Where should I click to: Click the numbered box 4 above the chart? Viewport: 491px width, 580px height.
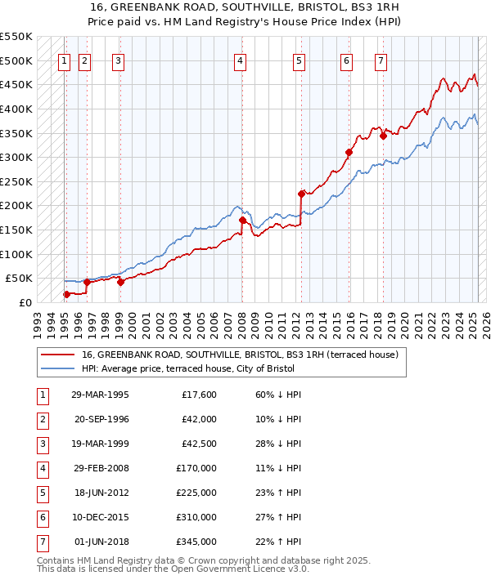tap(240, 60)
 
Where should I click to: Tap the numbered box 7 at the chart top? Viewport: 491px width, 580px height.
tap(381, 60)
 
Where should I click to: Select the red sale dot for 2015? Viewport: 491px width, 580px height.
tap(349, 152)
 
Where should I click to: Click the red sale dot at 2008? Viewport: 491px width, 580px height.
tap(242, 220)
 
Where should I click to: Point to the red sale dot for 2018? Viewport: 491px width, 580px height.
tap(382, 136)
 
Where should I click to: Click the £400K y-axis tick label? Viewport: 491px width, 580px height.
tap(16, 109)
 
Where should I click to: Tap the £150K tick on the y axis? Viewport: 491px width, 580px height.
tap(16, 230)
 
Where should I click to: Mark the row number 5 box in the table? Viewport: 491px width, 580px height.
tap(42, 493)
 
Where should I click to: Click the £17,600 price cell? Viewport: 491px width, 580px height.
tap(199, 395)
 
